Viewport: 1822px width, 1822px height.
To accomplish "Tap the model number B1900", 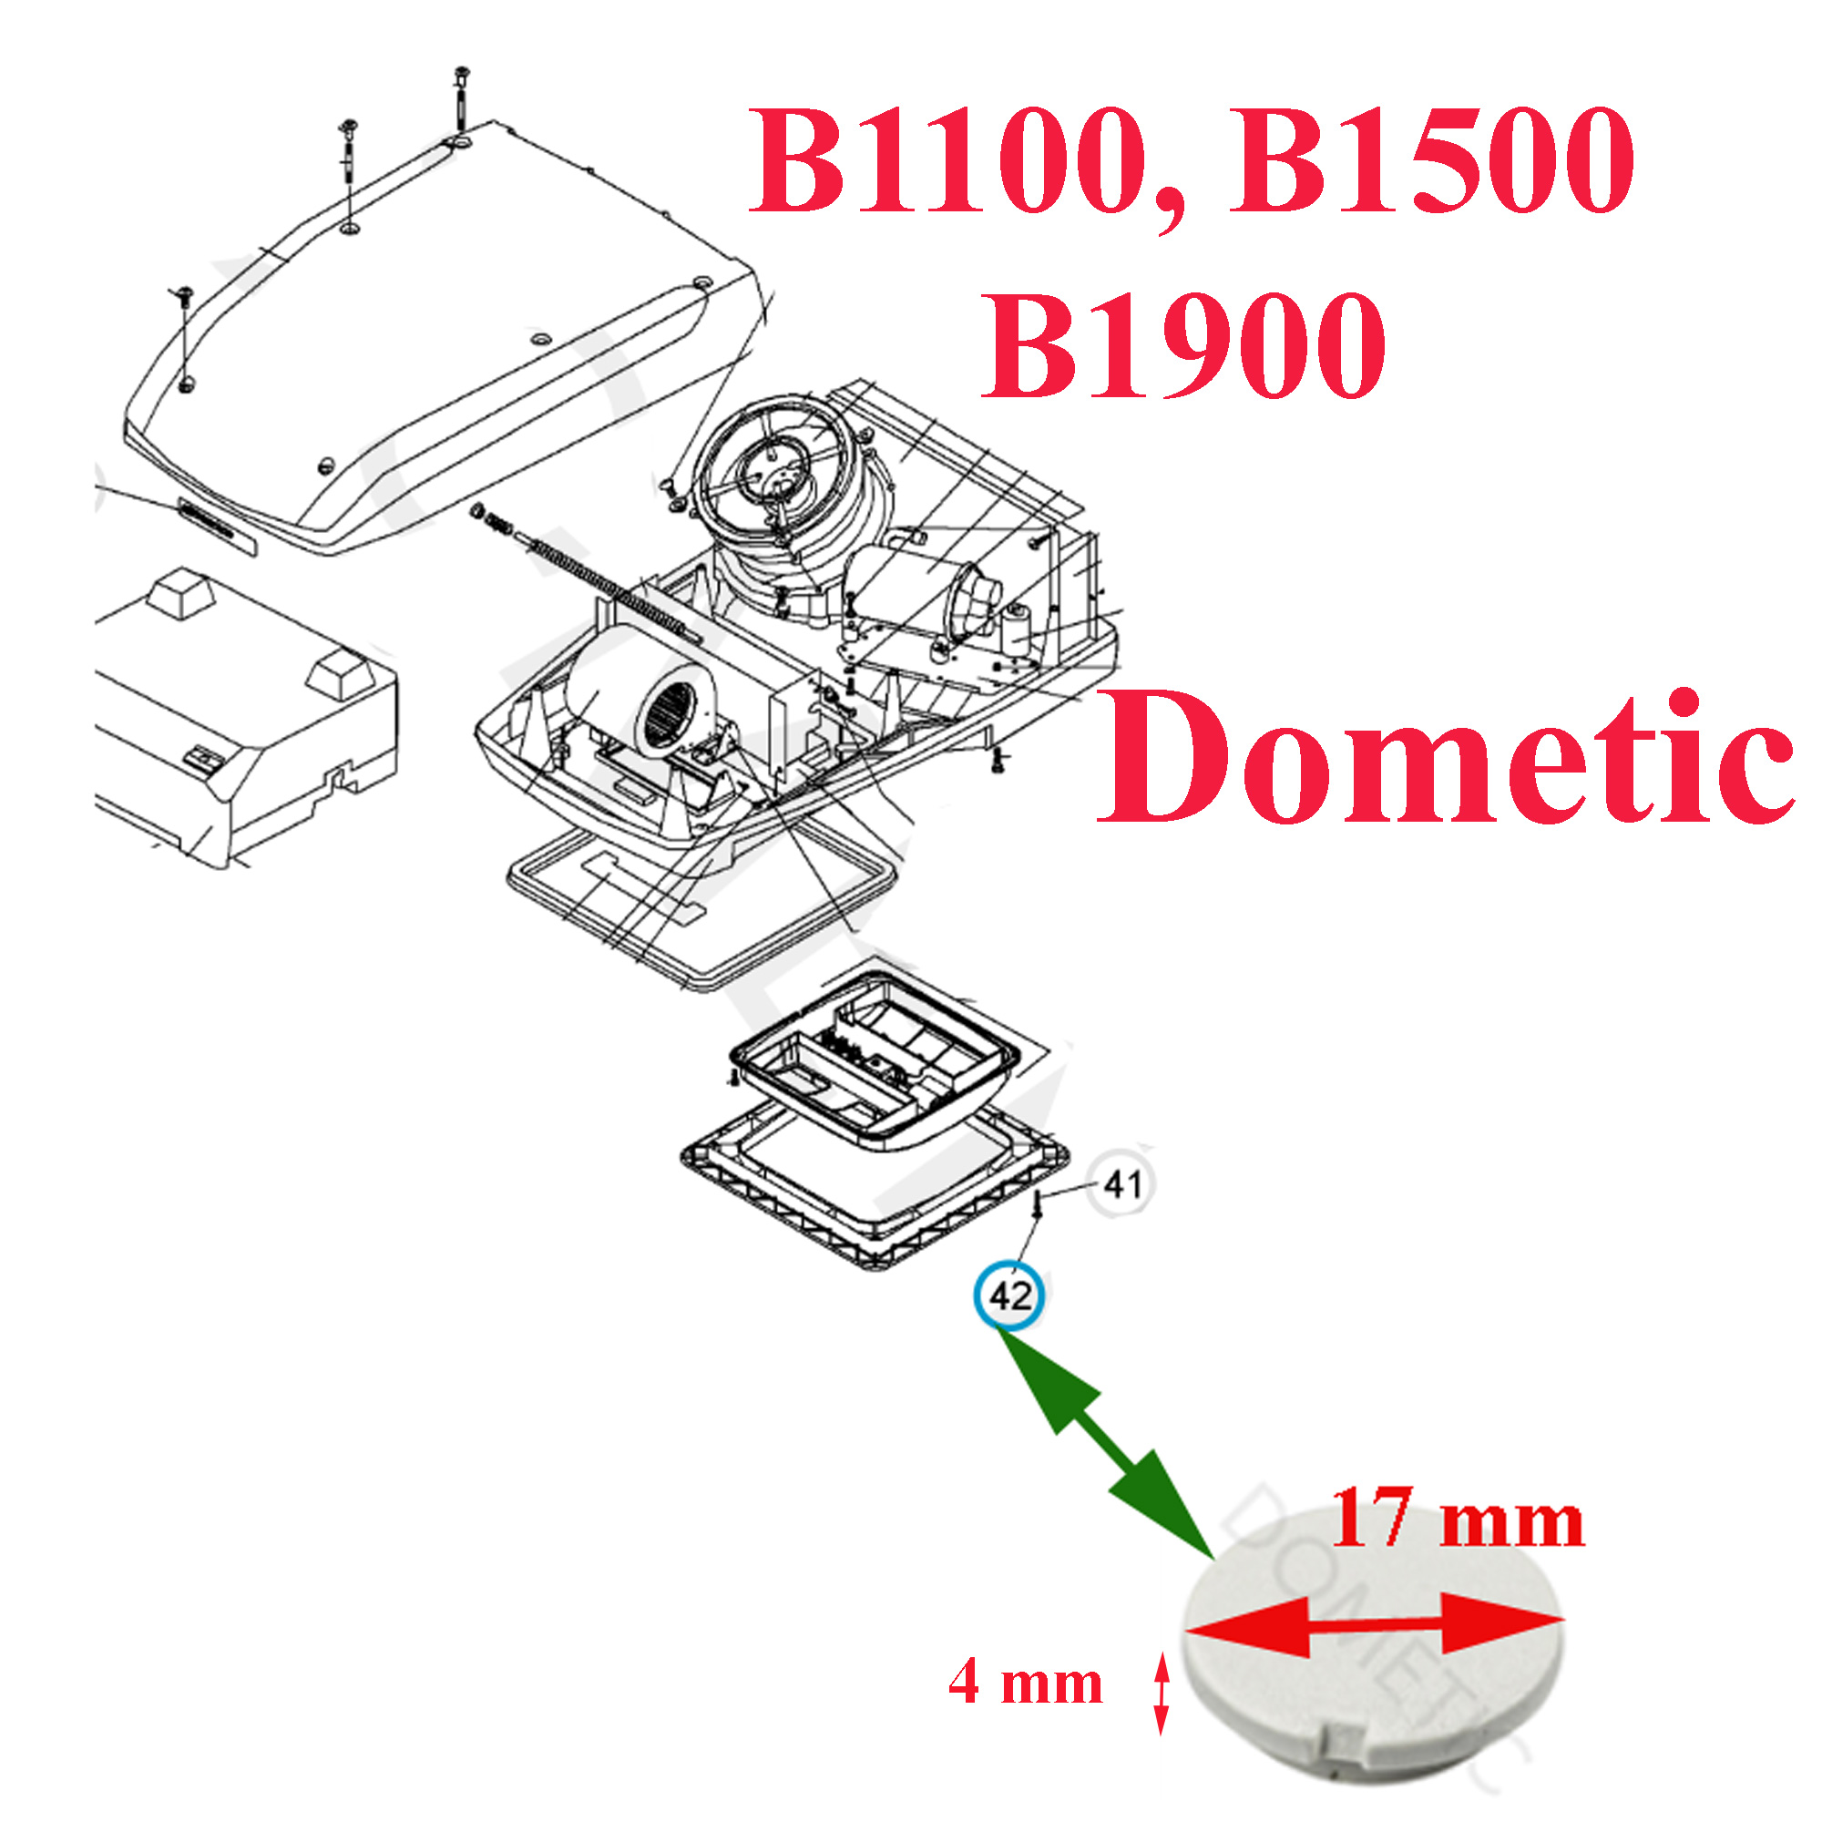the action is pos(1183,344).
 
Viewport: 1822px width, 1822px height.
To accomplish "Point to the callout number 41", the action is pos(1121,1183).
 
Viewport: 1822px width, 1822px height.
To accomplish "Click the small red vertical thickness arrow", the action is pos(1162,1693).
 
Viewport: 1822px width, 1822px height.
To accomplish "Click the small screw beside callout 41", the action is pos(1038,1205).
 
